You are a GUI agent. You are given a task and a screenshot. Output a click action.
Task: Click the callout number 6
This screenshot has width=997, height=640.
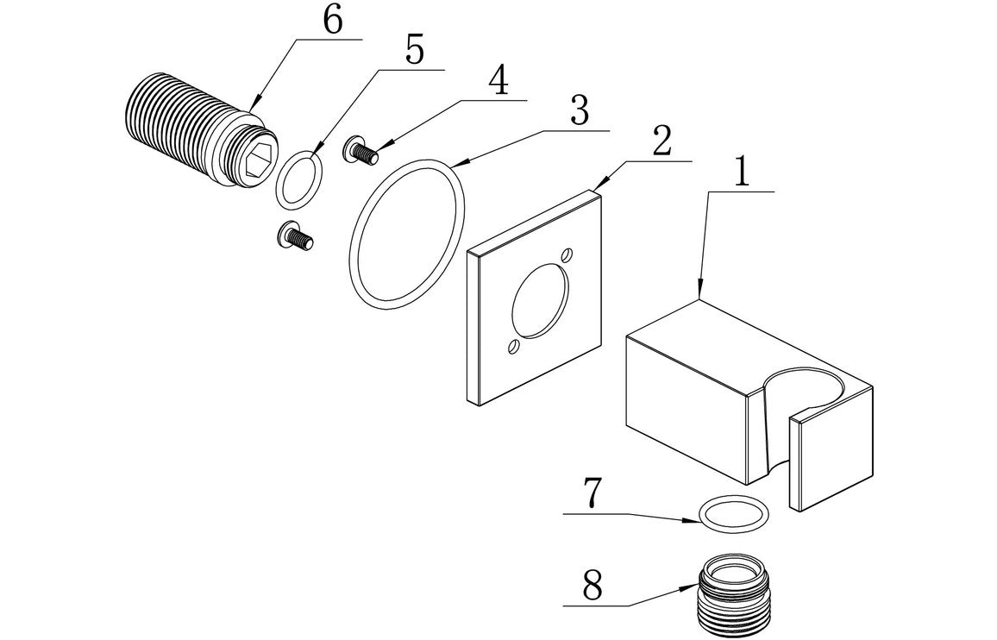tap(332, 22)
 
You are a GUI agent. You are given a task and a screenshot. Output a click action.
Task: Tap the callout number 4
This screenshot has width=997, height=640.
tap(498, 83)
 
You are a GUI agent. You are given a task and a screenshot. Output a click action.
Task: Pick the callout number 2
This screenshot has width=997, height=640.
tap(661, 142)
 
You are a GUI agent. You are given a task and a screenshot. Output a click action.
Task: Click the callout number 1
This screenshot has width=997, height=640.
tap(740, 171)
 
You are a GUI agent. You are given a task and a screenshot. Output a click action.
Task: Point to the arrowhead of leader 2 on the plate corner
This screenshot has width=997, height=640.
tap(596, 190)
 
